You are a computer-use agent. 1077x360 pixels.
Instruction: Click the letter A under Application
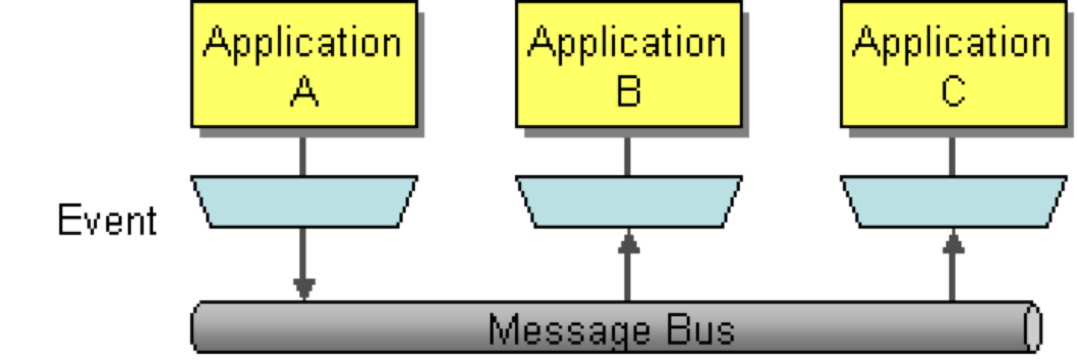click(x=303, y=92)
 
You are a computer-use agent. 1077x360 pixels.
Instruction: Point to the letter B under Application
click(x=628, y=92)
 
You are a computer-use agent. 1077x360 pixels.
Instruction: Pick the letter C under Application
click(x=952, y=92)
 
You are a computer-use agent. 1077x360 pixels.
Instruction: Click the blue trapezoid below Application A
click(x=304, y=201)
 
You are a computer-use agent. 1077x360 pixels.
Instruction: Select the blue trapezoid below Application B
click(x=628, y=201)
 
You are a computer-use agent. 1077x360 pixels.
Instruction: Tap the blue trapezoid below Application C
click(x=953, y=201)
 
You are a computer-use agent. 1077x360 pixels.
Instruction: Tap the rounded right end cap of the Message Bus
click(x=1031, y=328)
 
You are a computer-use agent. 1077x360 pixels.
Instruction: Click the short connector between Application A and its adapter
click(x=303, y=157)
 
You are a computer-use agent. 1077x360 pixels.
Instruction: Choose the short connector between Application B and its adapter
click(x=628, y=157)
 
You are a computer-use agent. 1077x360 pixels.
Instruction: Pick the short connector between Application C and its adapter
click(x=953, y=157)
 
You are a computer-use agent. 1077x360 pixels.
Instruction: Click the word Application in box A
click(x=302, y=43)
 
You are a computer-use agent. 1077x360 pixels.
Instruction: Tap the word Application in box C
click(x=951, y=43)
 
